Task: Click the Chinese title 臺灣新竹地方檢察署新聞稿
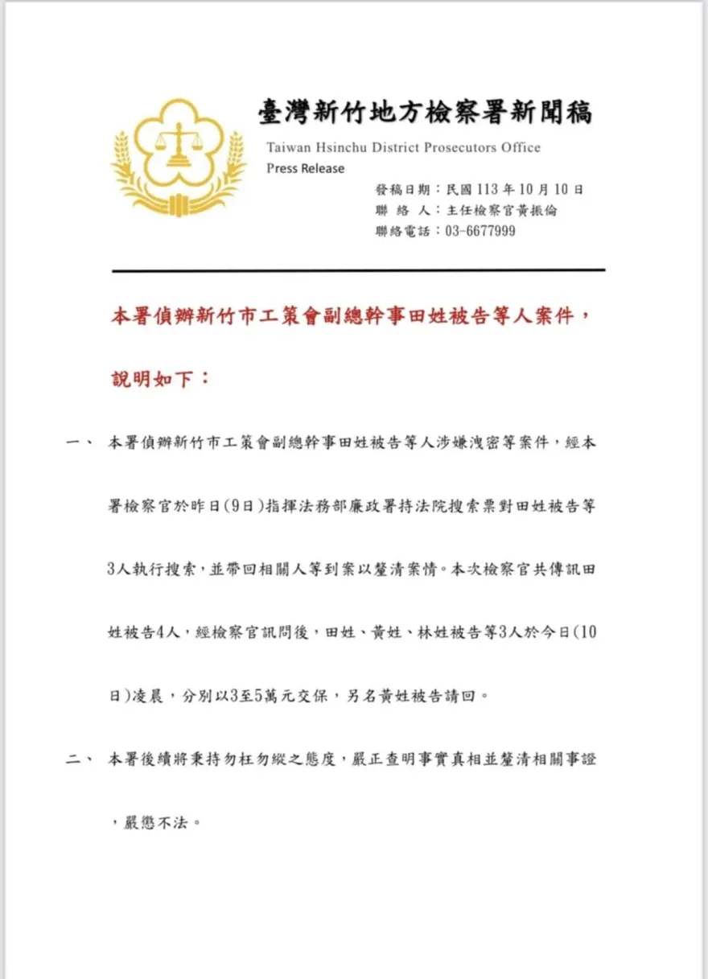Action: (425, 113)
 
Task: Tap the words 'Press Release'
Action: (305, 169)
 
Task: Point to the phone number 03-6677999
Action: (475, 232)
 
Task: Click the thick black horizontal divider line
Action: (358, 270)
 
